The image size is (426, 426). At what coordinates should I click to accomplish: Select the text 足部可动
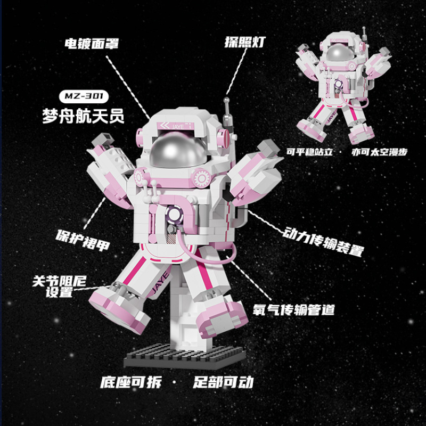pyautogui.click(x=223, y=382)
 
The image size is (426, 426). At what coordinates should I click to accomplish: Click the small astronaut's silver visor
pyautogui.click(x=338, y=53)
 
